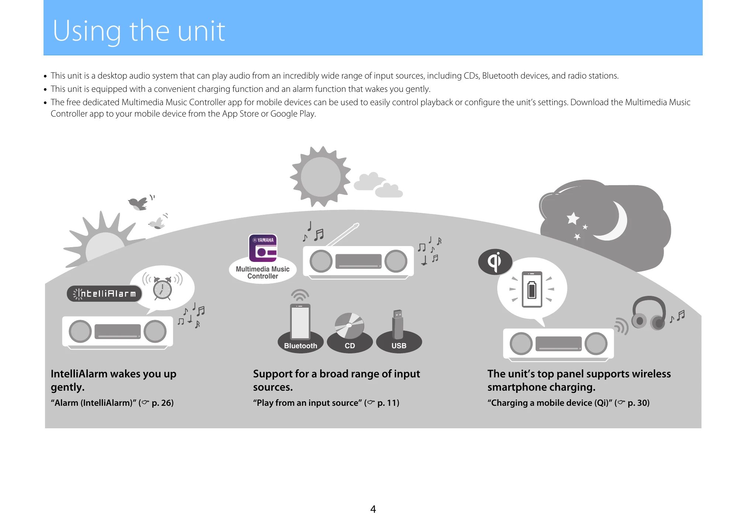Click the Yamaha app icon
[x=263, y=248]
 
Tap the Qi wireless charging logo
[x=495, y=262]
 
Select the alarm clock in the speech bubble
[x=162, y=288]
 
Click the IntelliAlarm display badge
[x=104, y=294]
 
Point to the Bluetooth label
[x=300, y=346]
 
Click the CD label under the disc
[x=350, y=346]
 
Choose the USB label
[x=399, y=346]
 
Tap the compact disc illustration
[x=349, y=326]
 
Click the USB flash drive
[x=397, y=324]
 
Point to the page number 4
[x=373, y=509]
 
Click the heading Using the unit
[x=139, y=31]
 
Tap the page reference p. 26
[x=162, y=403]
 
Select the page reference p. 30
[x=638, y=403]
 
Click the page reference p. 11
[x=388, y=403]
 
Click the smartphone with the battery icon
[x=532, y=289]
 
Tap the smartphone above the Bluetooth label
[x=300, y=321]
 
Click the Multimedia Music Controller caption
[x=263, y=273]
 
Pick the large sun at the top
[x=320, y=177]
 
